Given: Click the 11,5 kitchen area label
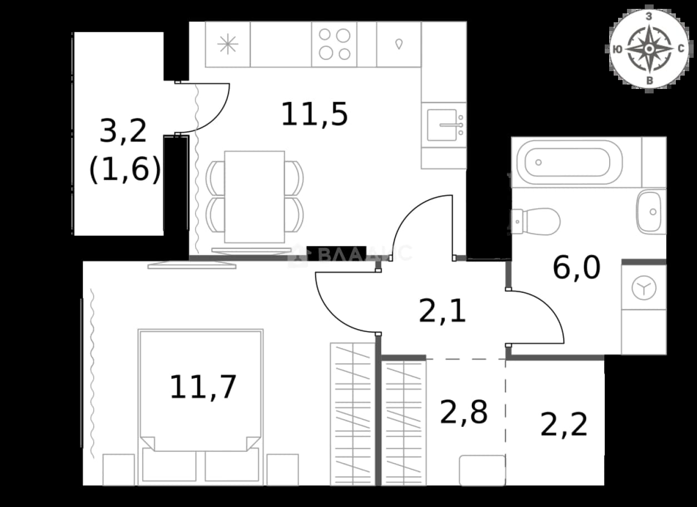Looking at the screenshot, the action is coord(314,115).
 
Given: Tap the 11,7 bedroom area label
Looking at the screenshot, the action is coord(203,387).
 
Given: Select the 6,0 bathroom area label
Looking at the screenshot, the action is coord(576,267).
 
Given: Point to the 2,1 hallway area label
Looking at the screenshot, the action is coord(442,310).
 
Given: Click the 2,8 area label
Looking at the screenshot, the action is coord(464,412).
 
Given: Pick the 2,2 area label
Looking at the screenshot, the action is coord(564,424).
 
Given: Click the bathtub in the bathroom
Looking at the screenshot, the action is coord(570,162).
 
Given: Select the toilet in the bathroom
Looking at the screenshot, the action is coord(535,221).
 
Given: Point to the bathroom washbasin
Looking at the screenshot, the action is coord(649,212).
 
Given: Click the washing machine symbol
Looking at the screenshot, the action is coord(644,288).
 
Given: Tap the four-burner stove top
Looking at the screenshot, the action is coord(335,44).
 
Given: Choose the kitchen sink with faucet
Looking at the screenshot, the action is coord(444,125).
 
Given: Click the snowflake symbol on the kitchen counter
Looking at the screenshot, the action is coord(228,44).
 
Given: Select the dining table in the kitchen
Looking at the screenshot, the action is coord(255,197).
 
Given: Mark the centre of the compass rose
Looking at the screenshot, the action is coord(649,49).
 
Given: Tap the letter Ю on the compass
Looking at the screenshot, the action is coord(618,49).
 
